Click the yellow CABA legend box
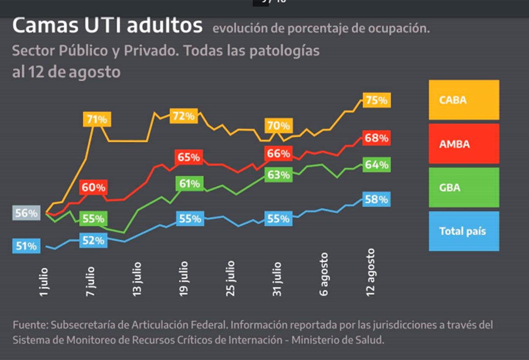pyautogui.click(x=464, y=100)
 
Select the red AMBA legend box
pyautogui.click(x=464, y=144)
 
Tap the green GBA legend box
pyautogui.click(x=464, y=187)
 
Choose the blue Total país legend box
pyautogui.click(x=464, y=231)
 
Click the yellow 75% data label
pyautogui.click(x=376, y=100)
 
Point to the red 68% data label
pyautogui.click(x=376, y=138)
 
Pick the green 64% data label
pyautogui.click(x=376, y=165)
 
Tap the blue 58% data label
pyautogui.click(x=376, y=199)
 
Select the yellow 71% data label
pyautogui.click(x=97, y=119)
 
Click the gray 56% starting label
pyautogui.click(x=26, y=213)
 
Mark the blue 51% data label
pyautogui.click(x=26, y=246)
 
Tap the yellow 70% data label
pyautogui.click(x=278, y=126)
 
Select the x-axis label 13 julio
pyautogui.click(x=137, y=279)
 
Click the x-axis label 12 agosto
pyautogui.click(x=370, y=272)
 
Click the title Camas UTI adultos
pyautogui.click(x=107, y=26)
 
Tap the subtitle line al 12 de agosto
pyautogui.click(x=66, y=72)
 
